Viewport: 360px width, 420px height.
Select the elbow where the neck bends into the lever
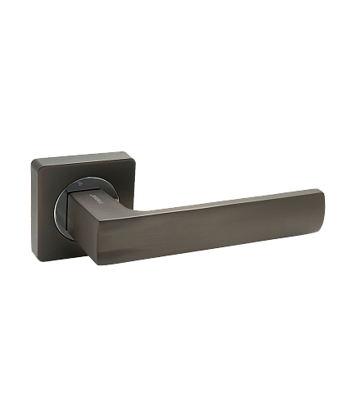pos(120,205)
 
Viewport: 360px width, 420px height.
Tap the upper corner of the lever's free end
pos(318,191)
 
